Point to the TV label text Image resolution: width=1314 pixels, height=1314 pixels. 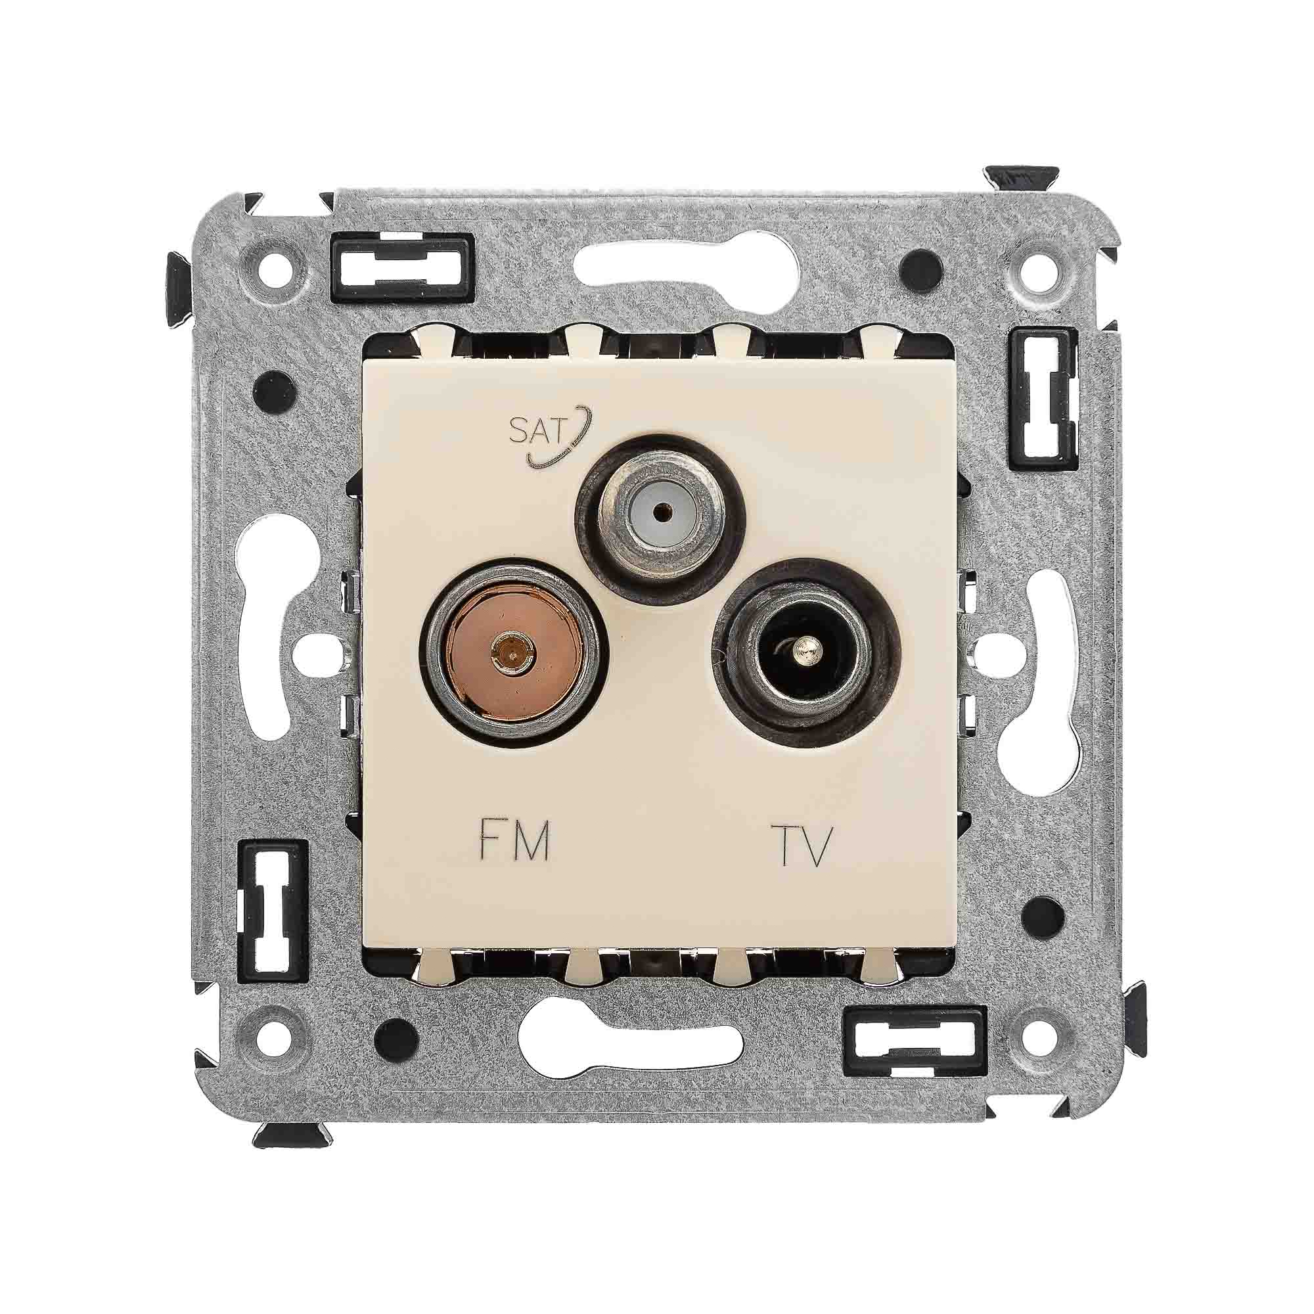[x=803, y=846]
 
